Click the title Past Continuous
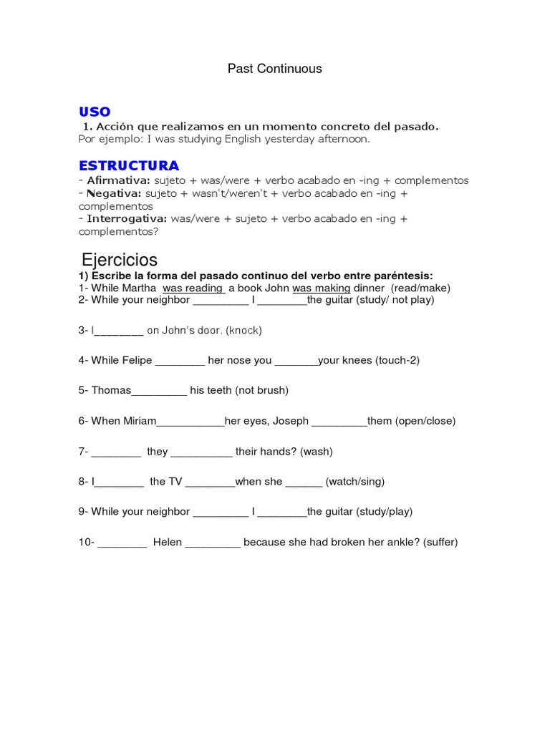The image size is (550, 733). point(275,69)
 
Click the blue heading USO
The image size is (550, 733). point(95,112)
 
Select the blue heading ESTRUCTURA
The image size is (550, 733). point(129,166)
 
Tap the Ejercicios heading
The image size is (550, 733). point(120,260)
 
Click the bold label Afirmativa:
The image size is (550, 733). point(119,180)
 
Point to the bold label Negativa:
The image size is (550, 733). point(115,193)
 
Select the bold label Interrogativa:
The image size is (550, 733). point(127,218)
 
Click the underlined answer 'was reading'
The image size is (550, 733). point(193,288)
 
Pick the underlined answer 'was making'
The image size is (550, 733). point(322,288)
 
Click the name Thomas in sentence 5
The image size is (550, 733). point(112,390)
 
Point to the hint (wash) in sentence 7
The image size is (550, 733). point(317,451)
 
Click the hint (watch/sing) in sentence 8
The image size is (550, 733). point(355,481)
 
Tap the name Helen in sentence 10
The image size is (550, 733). point(168,542)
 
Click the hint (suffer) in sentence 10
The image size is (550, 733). point(440,542)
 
